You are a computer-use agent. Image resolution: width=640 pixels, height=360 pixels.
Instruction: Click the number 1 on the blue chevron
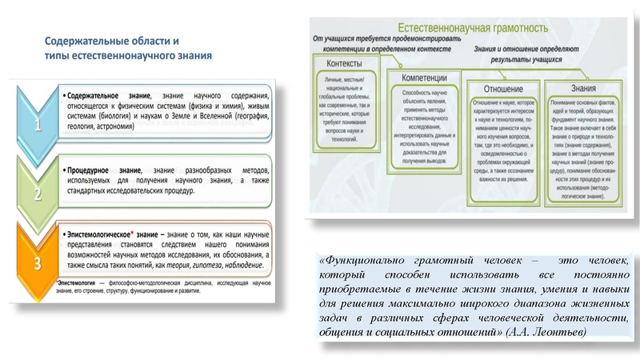click(35, 126)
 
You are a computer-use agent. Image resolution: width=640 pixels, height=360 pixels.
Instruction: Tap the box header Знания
click(576, 88)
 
